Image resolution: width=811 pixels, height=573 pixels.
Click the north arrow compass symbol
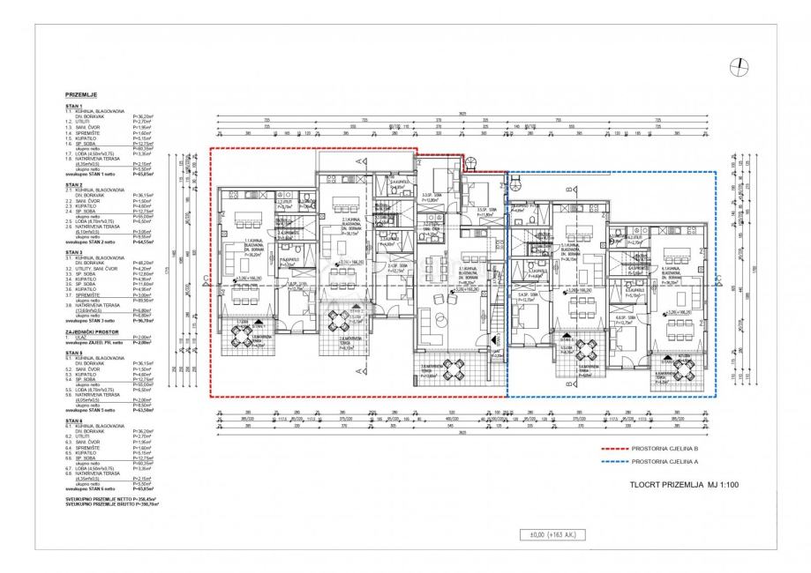tap(740, 67)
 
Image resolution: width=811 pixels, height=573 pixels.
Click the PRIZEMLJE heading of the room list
tap(81, 93)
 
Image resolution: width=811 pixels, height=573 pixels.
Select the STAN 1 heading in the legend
tap(74, 105)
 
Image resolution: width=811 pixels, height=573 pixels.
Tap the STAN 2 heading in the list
tap(74, 184)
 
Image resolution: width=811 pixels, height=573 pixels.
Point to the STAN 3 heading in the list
tap(74, 251)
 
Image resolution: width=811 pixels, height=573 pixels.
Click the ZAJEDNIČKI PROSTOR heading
tap(91, 331)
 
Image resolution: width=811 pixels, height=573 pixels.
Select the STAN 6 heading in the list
tap(74, 420)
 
